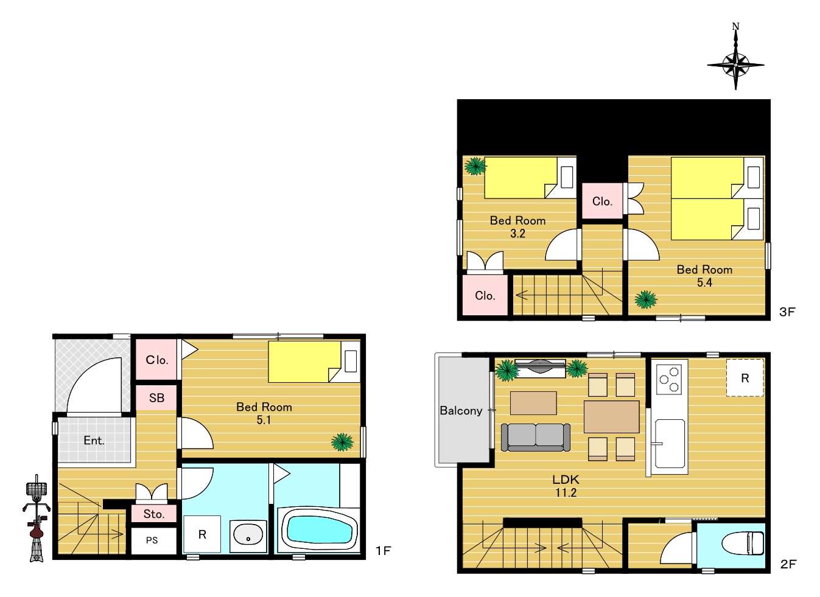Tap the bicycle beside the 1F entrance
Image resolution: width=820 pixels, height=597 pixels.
tap(37, 518)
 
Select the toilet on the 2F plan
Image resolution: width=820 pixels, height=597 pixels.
tap(743, 543)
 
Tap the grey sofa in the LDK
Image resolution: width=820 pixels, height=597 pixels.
tap(535, 437)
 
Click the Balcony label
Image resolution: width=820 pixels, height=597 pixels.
tap(461, 411)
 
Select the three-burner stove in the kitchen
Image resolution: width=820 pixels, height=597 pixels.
tap(669, 379)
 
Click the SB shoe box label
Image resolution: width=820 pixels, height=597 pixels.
tap(156, 398)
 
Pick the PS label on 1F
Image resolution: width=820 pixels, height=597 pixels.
tap(152, 540)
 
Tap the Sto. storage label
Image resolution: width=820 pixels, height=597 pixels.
tap(154, 514)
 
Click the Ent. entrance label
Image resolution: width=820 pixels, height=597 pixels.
tap(94, 441)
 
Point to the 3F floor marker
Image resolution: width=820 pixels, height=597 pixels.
tap(787, 312)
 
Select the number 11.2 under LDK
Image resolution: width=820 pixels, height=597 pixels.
tap(566, 493)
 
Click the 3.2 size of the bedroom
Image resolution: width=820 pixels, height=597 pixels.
tap(517, 234)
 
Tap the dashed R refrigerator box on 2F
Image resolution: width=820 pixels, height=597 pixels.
tap(745, 378)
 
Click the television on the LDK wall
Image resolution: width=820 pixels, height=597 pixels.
tap(540, 366)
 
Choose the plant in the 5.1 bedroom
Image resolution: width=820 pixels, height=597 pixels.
tap(342, 442)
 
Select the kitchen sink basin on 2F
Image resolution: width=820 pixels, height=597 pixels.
tap(670, 444)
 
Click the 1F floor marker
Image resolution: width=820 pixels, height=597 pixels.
tap(384, 551)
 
